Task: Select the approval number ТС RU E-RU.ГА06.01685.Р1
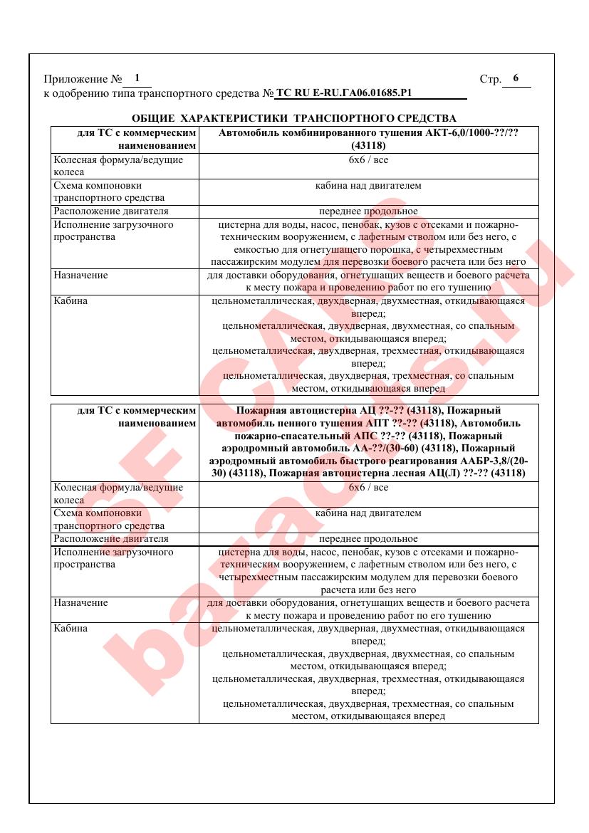point(345,93)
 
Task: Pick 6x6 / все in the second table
point(368,487)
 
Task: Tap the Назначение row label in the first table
point(80,275)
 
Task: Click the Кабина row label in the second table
point(71,629)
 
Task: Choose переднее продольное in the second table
point(368,539)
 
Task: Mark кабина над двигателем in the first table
point(368,186)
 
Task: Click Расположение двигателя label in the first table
point(111,211)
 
